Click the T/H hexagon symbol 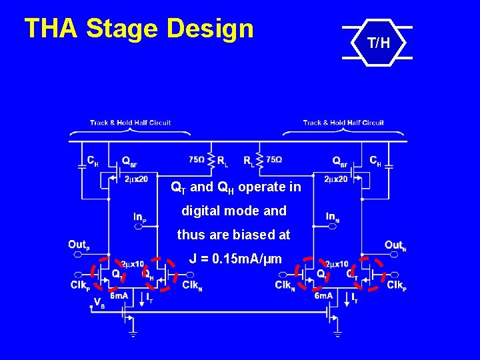pos(377,43)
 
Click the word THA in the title pos(51,29)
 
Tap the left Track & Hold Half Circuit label pos(131,123)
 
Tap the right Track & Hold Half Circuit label pos(343,123)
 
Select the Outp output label pos(79,245)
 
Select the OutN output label pos(395,245)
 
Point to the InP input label pos(140,216)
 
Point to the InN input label pos(332,216)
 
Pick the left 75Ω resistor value pos(197,160)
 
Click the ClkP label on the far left pos(79,285)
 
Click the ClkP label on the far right pos(396,285)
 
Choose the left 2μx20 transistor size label pos(136,179)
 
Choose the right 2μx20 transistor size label pos(336,179)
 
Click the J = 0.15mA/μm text pos(235,259)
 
